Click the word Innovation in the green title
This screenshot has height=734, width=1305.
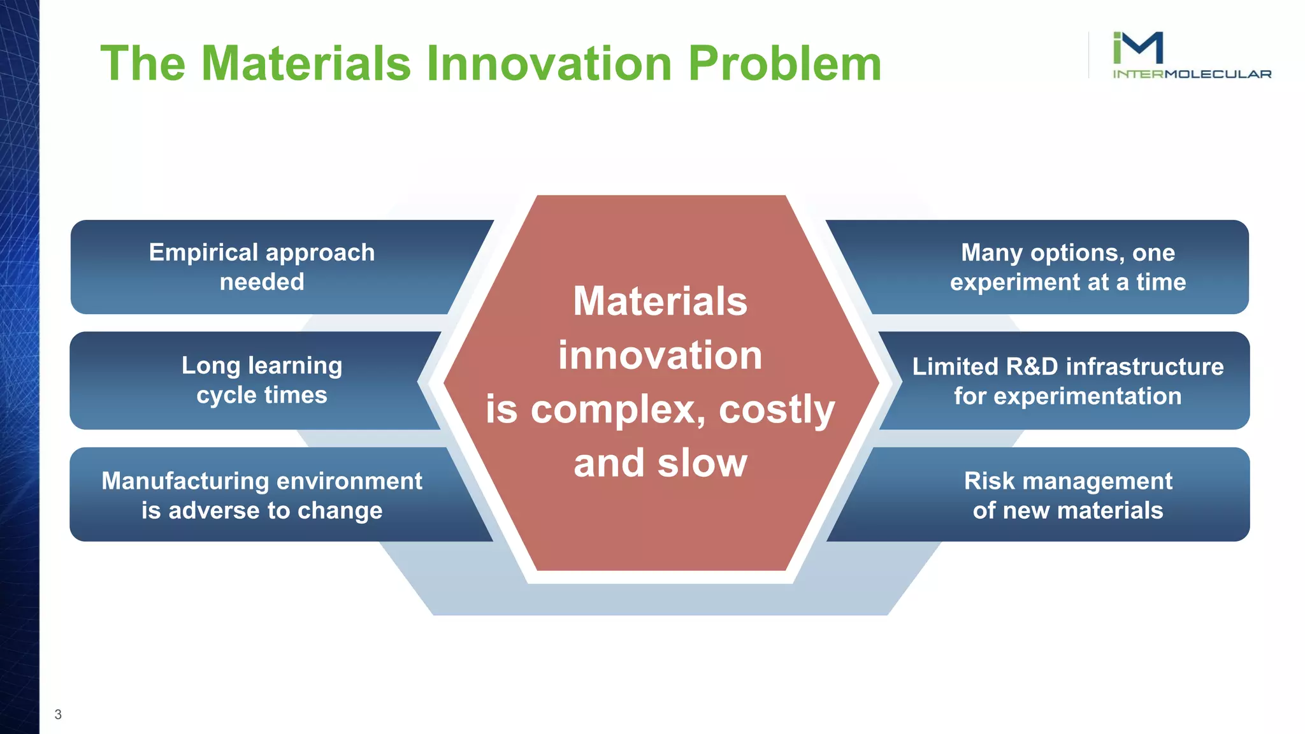pos(549,64)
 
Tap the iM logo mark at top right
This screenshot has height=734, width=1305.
pos(1138,48)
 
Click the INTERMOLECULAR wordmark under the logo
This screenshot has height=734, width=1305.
pos(1192,74)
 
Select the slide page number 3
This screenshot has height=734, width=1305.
pos(58,714)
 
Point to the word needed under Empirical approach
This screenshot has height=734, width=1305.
pos(262,282)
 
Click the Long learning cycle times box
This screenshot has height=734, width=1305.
pos(262,380)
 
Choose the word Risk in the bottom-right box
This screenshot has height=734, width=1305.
pos(989,481)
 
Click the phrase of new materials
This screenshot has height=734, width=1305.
pos(1067,510)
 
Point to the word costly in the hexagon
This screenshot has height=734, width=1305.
pos(776,409)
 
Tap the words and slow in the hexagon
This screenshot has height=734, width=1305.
pos(660,463)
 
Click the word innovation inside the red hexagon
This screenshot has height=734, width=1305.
pos(660,355)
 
